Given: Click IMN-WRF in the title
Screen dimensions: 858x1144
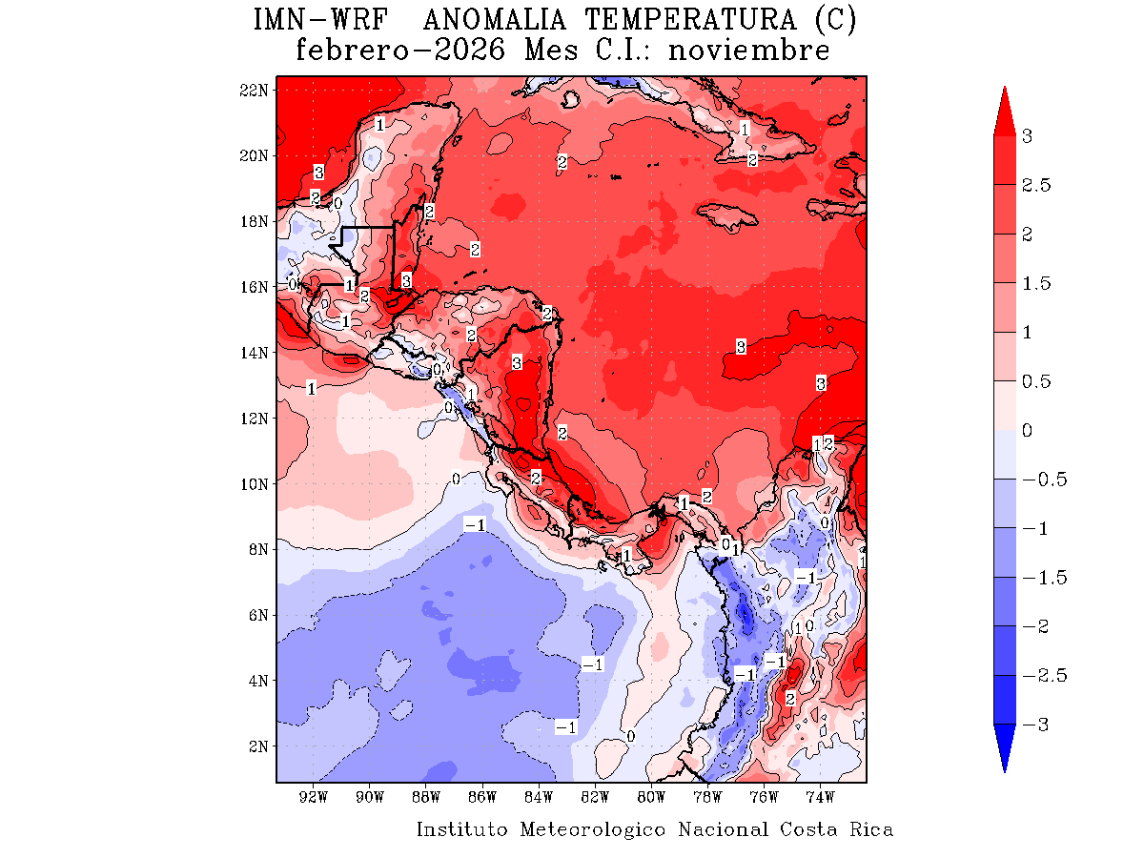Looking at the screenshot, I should pos(318,19).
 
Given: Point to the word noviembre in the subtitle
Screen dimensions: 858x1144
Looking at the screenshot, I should pos(748,51).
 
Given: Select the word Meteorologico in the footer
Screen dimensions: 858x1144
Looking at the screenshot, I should pos(593,829).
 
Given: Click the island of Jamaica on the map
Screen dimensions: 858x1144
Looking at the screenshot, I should pos(734,213).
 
